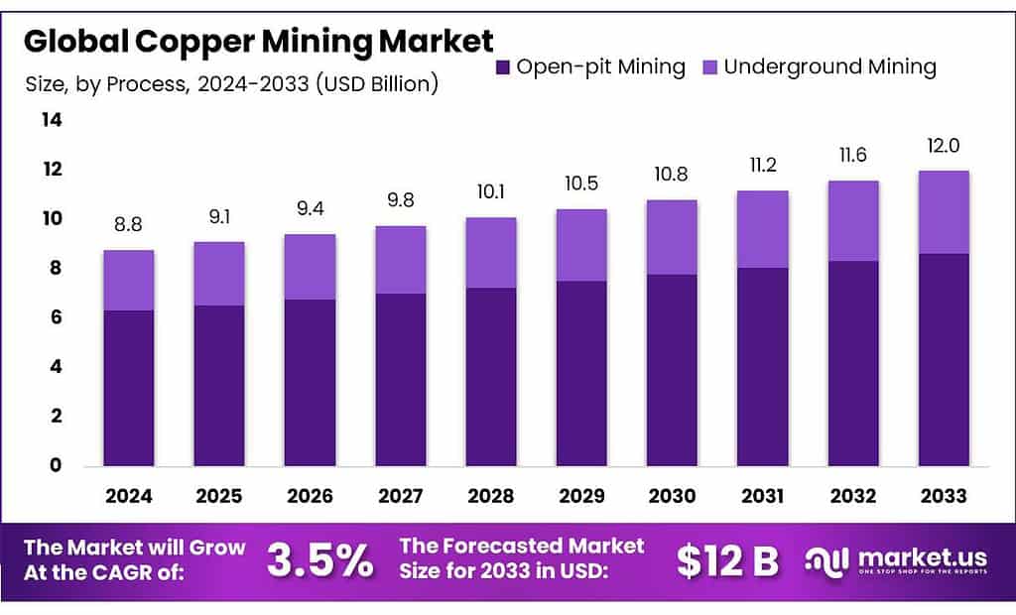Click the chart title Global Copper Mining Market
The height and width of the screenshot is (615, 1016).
[x=258, y=41]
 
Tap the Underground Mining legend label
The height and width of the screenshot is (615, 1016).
[x=829, y=67]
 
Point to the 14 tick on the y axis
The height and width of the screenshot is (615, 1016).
[x=51, y=120]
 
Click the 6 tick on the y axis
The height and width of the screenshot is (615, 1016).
[x=56, y=317]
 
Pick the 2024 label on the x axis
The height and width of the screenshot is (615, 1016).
[x=129, y=495]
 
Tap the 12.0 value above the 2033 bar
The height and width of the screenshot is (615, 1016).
[x=943, y=147]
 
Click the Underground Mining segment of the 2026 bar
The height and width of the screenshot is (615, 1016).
[x=310, y=267]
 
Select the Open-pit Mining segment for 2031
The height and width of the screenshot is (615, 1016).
[x=762, y=367]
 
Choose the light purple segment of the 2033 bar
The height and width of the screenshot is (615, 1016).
[x=943, y=212]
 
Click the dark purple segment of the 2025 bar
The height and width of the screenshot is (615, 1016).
[x=219, y=386]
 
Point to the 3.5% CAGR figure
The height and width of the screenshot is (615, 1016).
[x=319, y=561]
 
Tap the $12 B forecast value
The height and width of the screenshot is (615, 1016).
[x=727, y=561]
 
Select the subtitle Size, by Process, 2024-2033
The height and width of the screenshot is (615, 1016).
[x=231, y=84]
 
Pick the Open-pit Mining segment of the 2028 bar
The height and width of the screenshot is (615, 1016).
[x=490, y=377]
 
